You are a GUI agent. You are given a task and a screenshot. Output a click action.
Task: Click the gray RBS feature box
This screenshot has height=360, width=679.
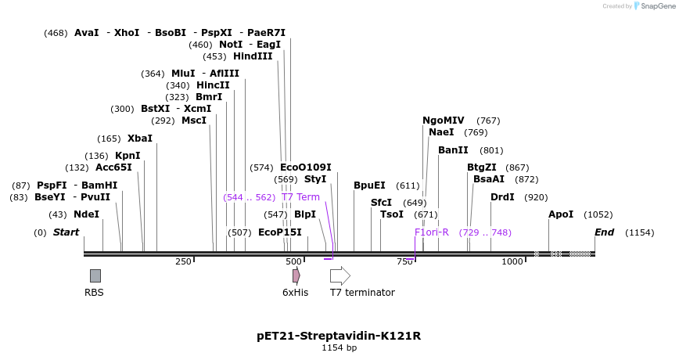pos(95,275)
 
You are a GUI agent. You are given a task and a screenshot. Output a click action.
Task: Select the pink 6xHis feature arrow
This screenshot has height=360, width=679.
pos(296,275)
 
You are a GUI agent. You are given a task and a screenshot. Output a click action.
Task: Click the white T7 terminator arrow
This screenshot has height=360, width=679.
pos(339,275)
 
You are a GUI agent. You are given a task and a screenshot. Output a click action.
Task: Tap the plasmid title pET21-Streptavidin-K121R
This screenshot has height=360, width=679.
pos(339,336)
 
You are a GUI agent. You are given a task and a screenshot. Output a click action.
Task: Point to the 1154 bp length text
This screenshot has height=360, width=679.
pos(339,347)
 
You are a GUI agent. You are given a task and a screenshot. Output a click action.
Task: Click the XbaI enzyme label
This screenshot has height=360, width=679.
pos(140,139)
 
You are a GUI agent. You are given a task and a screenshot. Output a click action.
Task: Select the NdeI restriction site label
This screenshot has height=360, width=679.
pos(86,214)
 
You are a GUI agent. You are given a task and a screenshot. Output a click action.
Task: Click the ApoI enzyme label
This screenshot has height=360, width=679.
pos(561,214)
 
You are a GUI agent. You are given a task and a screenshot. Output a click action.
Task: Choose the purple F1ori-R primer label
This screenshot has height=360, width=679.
pos(432,232)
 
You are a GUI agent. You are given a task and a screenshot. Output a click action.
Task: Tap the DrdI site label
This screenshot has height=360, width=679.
pos(502,197)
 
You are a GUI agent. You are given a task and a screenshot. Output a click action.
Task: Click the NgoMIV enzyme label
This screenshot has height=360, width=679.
pos(444,121)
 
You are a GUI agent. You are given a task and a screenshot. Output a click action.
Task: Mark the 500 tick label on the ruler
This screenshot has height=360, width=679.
pos(293,261)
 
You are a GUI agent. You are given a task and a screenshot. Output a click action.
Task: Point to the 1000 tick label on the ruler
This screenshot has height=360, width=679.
pos(512,261)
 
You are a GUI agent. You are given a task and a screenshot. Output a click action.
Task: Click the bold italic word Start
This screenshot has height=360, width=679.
pos(66,232)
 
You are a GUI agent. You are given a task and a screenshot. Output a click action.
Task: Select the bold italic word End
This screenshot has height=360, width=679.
pos(604,232)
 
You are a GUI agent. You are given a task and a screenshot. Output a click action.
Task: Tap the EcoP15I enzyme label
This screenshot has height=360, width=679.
pos(279,232)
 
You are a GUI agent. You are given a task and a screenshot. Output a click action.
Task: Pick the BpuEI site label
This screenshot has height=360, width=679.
pos(369,185)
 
